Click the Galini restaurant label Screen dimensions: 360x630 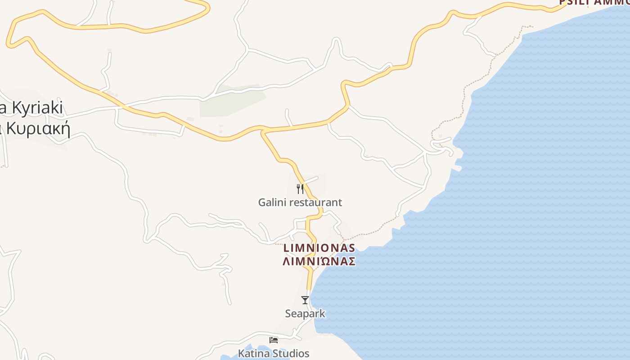coord(300,202)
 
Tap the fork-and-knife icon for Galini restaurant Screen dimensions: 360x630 coord(300,189)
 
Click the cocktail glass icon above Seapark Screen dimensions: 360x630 coord(305,300)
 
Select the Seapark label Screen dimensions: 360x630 coord(305,313)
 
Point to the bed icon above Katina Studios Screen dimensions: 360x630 coord(274,340)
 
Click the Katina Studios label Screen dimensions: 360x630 coord(274,353)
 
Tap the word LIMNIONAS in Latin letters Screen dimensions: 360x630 coord(319,248)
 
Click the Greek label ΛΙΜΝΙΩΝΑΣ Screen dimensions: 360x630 coord(319,261)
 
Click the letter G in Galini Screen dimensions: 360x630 coord(262,202)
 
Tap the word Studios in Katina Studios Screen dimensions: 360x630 coord(291,353)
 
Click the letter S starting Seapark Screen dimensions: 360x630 coord(288,313)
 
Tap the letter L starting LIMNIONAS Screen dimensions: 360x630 coord(286,248)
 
